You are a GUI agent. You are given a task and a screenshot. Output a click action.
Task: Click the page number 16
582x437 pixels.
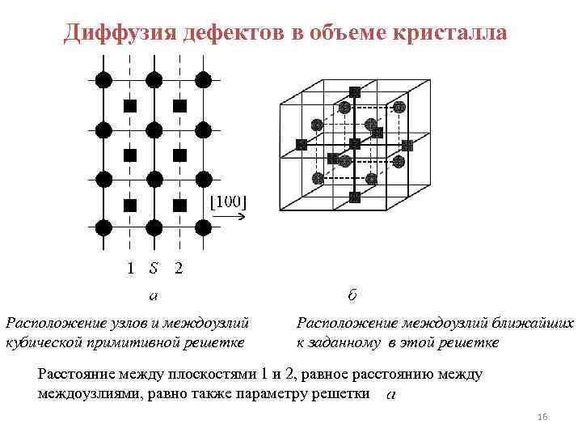point(542,416)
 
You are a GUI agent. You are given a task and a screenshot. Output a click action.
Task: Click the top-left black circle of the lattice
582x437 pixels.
point(103,78)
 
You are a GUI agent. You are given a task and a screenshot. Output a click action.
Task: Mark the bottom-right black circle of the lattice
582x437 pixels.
point(204,228)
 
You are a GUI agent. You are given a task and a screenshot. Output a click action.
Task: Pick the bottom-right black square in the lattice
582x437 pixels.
point(180,205)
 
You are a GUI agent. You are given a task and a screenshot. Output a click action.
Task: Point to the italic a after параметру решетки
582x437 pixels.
point(391,394)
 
